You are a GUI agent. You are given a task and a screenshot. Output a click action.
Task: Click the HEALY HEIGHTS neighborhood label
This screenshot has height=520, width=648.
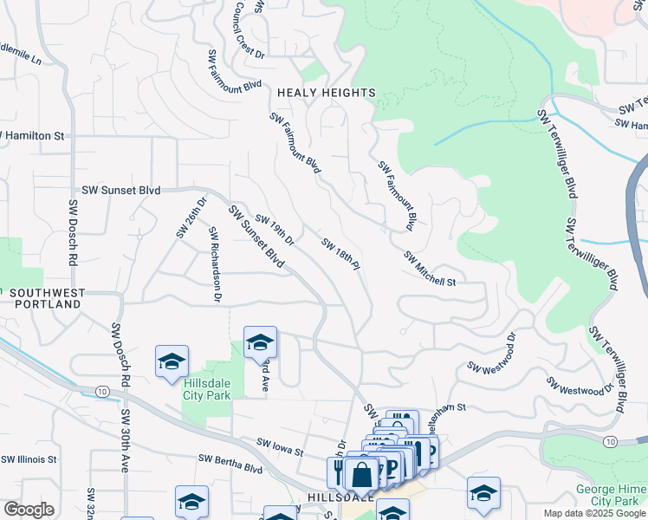[326, 93]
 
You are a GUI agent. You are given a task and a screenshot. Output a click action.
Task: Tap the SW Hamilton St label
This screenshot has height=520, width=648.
[33, 136]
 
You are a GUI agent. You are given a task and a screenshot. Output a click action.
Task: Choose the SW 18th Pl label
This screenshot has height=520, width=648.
[340, 255]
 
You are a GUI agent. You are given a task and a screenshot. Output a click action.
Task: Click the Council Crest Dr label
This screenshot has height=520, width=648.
[249, 29]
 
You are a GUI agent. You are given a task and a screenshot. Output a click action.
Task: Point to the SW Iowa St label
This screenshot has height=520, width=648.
[280, 447]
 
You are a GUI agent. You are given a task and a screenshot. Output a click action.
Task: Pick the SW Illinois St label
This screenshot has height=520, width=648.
[29, 459]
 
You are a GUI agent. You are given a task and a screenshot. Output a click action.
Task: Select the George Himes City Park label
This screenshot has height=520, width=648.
[606, 495]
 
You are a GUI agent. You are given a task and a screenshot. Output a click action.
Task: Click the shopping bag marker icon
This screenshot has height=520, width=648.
[361, 475]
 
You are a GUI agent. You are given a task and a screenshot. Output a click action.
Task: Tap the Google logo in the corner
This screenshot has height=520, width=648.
[29, 510]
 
